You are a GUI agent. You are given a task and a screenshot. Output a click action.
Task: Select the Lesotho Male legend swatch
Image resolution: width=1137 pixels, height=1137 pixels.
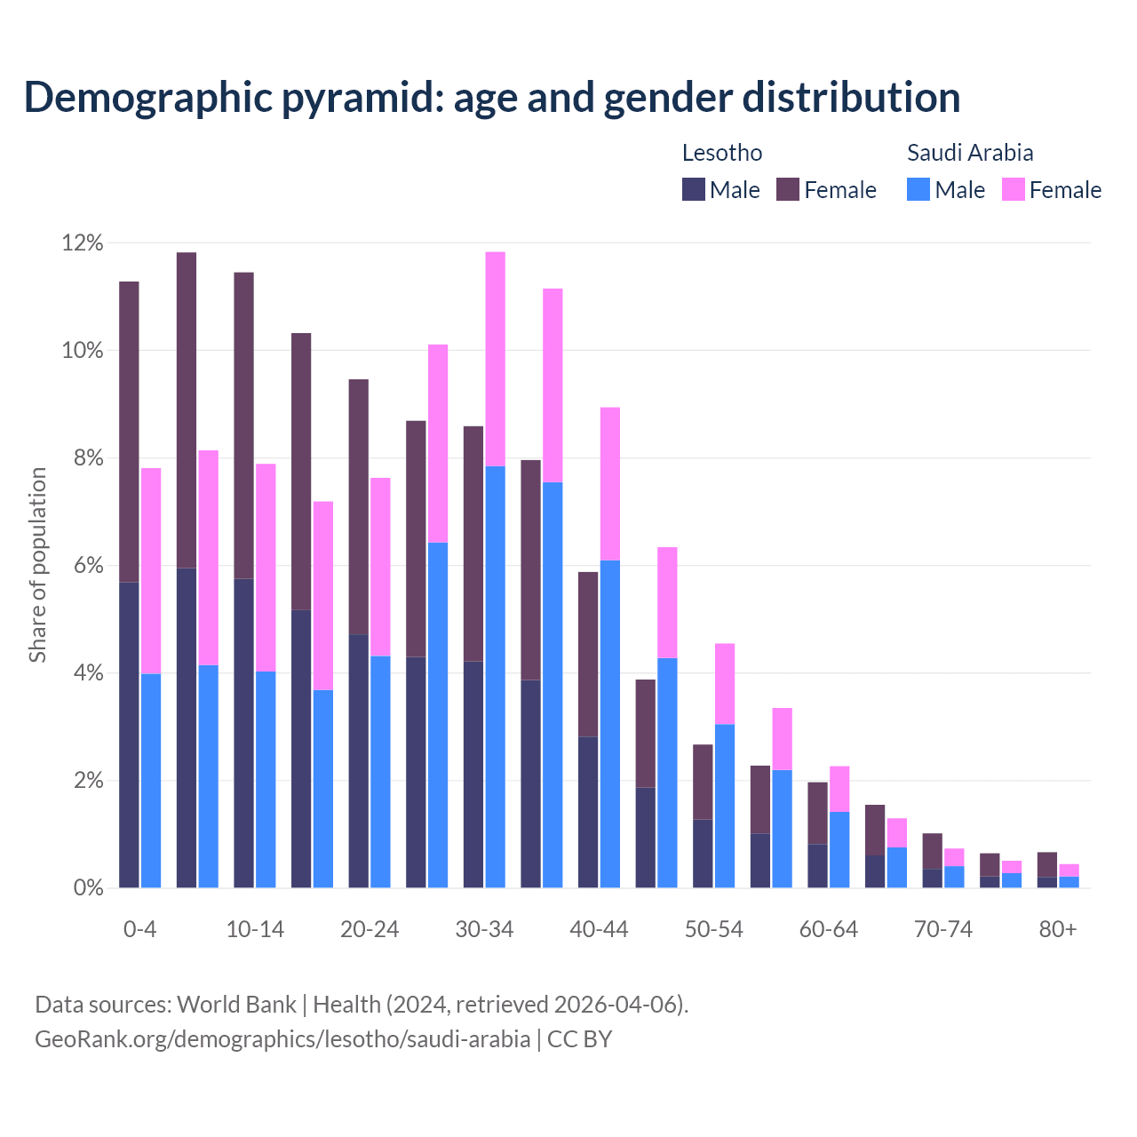(693, 189)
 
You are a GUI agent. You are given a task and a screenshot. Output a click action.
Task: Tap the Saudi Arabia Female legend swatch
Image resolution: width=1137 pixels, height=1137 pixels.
(1013, 189)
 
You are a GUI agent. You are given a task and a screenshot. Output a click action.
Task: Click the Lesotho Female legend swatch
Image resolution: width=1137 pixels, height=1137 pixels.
(788, 189)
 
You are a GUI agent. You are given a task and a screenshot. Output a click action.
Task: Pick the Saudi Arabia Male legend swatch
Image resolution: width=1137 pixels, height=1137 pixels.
(918, 189)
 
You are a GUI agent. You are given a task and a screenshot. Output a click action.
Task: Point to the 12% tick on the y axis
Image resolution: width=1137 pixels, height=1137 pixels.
(83, 243)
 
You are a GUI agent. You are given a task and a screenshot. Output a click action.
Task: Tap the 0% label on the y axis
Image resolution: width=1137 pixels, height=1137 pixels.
(87, 888)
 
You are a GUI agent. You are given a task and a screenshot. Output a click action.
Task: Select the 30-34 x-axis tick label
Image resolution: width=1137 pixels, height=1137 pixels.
(484, 930)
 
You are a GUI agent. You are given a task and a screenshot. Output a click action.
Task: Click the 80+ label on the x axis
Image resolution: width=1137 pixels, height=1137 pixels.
(1058, 930)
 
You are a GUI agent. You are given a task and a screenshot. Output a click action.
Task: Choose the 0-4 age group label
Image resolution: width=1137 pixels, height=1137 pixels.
(139, 930)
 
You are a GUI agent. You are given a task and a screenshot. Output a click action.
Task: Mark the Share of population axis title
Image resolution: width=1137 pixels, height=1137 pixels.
(37, 565)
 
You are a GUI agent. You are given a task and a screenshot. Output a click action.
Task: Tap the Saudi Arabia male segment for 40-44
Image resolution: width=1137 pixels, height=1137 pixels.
(610, 724)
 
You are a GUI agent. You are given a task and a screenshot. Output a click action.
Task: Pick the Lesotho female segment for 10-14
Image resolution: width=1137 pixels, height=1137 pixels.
(243, 425)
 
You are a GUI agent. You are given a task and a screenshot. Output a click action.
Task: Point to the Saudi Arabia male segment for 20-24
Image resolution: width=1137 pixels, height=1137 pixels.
(380, 772)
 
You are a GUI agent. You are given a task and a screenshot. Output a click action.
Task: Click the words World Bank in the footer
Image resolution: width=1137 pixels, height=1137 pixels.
(236, 1005)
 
